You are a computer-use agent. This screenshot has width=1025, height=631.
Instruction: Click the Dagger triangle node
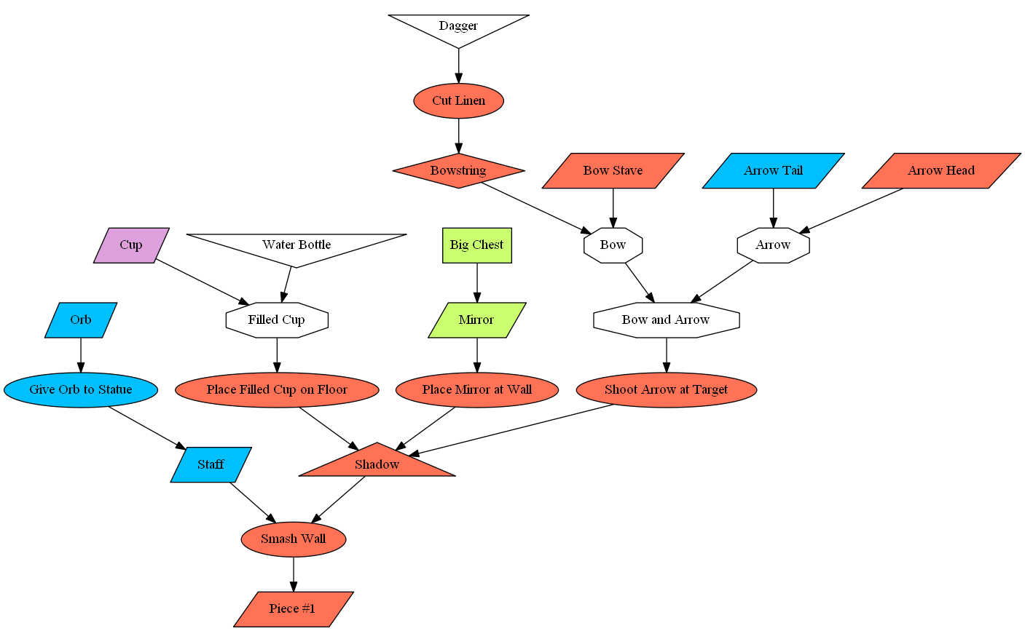click(458, 27)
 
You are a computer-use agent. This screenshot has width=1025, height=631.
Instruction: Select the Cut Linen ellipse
click(458, 101)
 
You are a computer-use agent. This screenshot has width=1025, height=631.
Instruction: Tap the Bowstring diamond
click(458, 171)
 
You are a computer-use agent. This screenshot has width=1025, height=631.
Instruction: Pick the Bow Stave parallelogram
click(613, 171)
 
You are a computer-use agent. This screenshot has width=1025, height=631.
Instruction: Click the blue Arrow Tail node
click(773, 171)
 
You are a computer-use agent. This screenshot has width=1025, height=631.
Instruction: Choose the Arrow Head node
click(940, 171)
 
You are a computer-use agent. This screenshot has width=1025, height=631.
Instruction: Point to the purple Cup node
click(131, 245)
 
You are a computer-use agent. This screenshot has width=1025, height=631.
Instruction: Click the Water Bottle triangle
click(296, 246)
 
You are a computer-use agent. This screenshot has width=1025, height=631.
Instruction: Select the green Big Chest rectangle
click(477, 245)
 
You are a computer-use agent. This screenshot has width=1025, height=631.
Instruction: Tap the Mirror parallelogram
click(476, 320)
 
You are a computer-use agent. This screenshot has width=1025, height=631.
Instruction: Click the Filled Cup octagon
click(277, 320)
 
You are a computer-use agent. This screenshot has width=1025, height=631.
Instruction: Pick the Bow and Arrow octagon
click(666, 320)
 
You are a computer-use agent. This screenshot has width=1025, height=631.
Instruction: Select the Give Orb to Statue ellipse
click(81, 390)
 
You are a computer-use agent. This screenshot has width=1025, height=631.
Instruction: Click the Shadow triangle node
click(377, 464)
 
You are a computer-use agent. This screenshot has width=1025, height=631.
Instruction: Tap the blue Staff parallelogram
click(211, 464)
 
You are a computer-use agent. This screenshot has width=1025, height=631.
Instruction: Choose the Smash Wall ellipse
click(293, 539)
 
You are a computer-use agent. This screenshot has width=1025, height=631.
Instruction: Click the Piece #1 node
click(293, 609)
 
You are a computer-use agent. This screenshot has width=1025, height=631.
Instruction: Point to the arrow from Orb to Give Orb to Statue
click(81, 355)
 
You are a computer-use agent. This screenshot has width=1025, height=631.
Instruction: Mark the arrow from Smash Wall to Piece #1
click(294, 574)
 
